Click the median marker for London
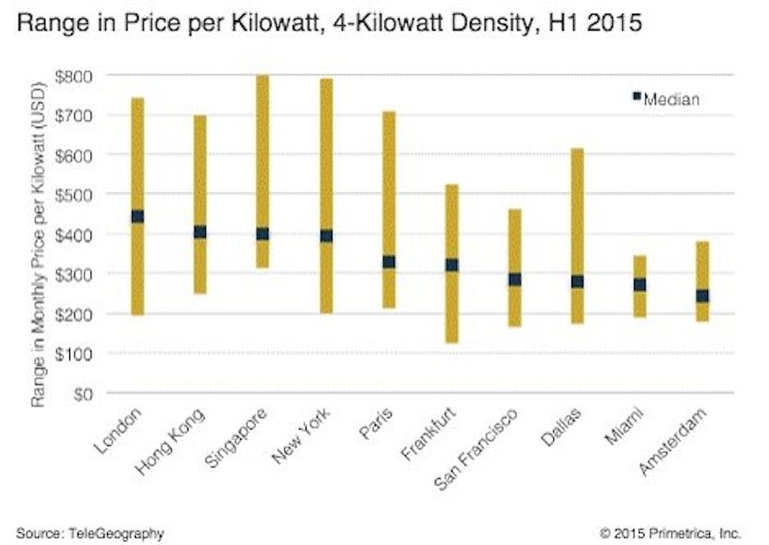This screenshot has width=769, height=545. coord(138,216)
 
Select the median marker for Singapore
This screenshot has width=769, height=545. coord(262,234)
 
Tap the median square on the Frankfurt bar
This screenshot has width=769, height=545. coord(451,264)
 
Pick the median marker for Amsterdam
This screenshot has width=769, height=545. coord(702,296)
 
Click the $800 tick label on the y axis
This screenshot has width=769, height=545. coord(73,76)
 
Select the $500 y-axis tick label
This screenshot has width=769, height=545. coord(73,195)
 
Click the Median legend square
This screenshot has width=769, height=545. coord(636,96)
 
